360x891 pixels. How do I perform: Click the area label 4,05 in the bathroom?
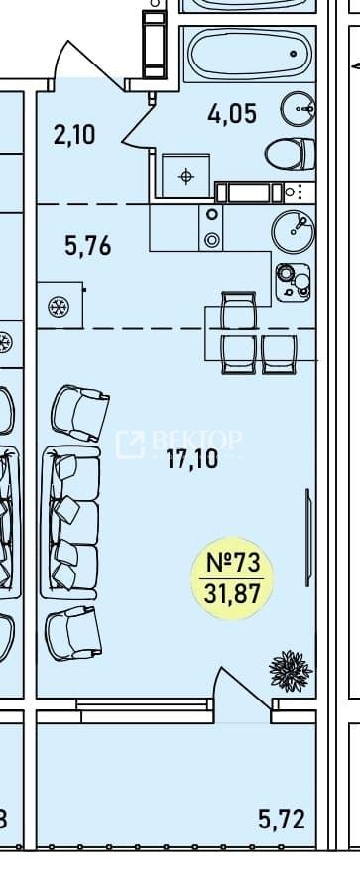(232, 115)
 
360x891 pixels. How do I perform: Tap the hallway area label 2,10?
(73, 136)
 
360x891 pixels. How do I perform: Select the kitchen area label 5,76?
(87, 247)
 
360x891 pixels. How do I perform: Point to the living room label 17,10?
(192, 459)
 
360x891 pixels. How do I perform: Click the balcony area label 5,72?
(282, 820)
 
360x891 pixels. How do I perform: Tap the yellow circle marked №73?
(233, 578)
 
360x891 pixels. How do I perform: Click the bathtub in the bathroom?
(249, 55)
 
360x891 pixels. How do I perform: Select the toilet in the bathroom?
(291, 154)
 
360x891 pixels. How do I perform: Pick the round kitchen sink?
(293, 230)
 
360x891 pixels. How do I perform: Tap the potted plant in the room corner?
(292, 671)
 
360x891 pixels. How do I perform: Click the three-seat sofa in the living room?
(71, 522)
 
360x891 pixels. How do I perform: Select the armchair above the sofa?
(80, 413)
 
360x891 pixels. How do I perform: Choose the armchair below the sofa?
(73, 633)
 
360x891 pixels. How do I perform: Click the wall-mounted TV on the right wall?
(308, 538)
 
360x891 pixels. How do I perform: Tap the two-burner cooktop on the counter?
(212, 228)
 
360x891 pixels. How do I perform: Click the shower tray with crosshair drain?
(186, 177)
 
